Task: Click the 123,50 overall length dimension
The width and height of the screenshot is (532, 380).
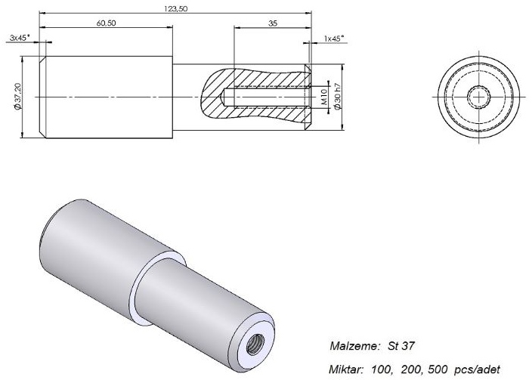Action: (176, 9)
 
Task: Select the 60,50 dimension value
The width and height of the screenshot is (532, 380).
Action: (107, 23)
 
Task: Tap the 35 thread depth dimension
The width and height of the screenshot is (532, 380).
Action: (273, 23)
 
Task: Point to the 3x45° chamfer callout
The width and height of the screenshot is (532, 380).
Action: (20, 37)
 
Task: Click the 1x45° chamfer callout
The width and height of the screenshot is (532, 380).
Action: (334, 39)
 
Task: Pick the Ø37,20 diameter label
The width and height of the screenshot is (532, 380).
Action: (18, 97)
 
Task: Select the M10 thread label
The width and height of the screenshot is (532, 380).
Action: (323, 97)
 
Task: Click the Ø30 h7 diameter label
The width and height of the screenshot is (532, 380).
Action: (337, 97)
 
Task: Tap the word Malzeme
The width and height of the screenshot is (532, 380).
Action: (353, 346)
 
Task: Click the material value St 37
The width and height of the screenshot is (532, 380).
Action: (401, 346)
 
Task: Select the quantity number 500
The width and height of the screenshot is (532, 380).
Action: (438, 369)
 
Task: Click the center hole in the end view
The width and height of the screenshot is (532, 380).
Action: (478, 97)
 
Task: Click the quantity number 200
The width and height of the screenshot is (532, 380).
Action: (410, 369)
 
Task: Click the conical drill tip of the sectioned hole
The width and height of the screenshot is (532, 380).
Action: (223, 97)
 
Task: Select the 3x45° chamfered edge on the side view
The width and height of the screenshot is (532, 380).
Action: (42, 97)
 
